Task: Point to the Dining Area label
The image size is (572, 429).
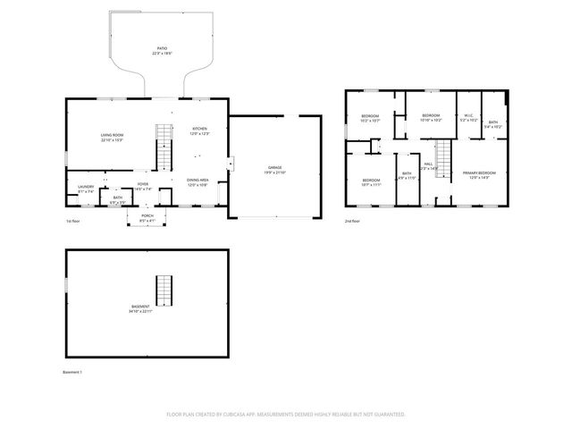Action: [198, 182]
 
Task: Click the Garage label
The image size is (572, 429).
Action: [274, 169]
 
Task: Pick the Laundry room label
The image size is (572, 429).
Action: [86, 189]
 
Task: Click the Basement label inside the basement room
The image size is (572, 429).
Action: [140, 309]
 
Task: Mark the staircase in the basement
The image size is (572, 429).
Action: [163, 290]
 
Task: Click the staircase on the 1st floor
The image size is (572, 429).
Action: [164, 147]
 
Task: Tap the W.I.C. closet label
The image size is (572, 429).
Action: [468, 116]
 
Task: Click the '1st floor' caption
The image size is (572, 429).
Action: [73, 221]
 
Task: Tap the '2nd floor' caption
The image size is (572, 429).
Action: [354, 221]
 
